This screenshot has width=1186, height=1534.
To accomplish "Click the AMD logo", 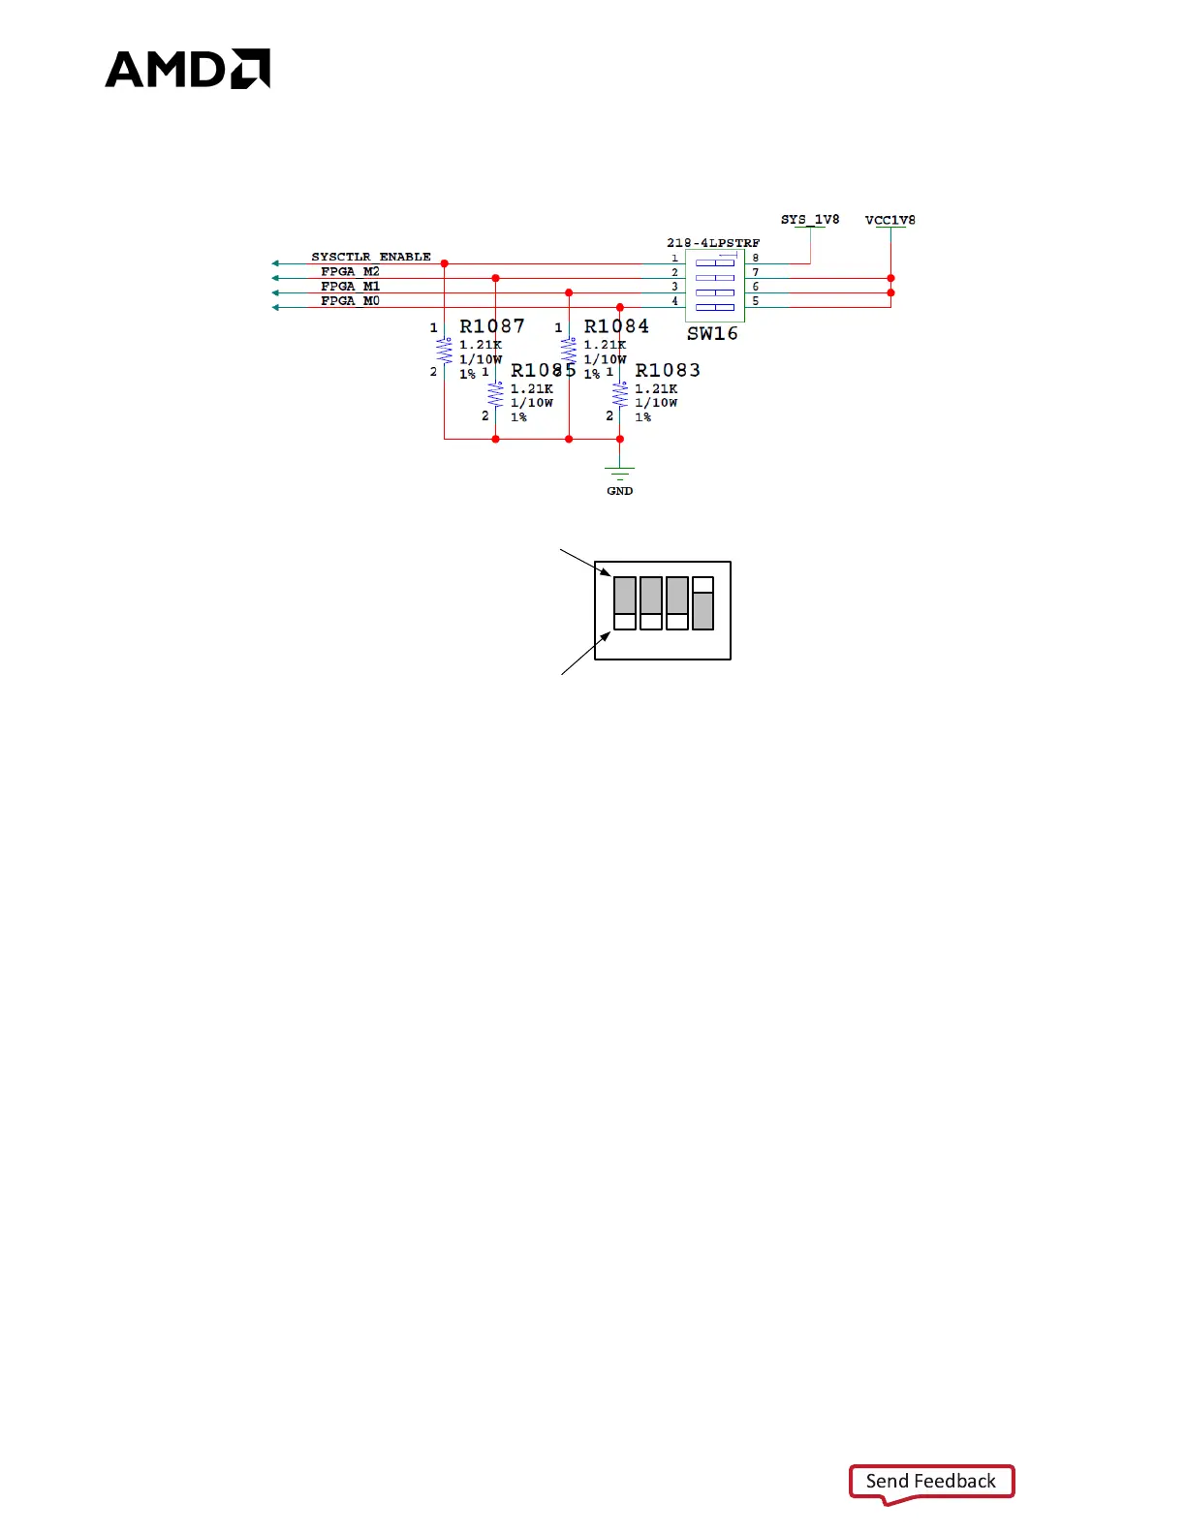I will click(187, 69).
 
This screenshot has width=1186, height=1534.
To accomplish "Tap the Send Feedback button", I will click(930, 1481).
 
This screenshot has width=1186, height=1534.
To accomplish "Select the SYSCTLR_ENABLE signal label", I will click(370, 257).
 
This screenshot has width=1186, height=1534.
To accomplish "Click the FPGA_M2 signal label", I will click(350, 272).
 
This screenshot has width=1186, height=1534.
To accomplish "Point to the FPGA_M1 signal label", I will click(350, 287).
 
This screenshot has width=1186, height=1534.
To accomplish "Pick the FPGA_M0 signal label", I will click(350, 301).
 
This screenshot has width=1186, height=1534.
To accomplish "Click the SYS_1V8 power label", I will click(810, 220).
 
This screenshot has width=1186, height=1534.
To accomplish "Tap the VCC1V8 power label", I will click(889, 220).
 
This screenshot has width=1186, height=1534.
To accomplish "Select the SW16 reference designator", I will click(712, 334).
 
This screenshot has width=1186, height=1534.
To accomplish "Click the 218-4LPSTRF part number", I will click(713, 243).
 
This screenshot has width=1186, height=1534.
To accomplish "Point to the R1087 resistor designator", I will click(492, 326).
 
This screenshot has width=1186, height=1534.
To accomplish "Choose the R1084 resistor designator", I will click(616, 326).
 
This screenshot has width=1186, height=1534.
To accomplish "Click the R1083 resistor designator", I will click(668, 370).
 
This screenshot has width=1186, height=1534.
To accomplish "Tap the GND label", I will click(620, 491).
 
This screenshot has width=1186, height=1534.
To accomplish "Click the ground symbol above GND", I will click(620, 473).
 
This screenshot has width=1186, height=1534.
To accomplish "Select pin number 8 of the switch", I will click(756, 259).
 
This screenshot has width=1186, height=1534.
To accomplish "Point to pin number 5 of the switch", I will click(756, 301).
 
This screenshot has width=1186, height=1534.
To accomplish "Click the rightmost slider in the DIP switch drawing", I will click(703, 603).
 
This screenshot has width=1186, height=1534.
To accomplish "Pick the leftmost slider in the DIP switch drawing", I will click(625, 603).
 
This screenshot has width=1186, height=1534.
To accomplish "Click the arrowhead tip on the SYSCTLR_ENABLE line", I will click(274, 263).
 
